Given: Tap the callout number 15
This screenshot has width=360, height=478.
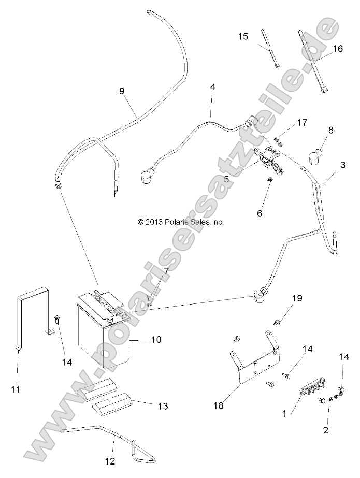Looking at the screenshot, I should tap(243, 36).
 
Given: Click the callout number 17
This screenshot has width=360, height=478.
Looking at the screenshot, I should tap(303, 123).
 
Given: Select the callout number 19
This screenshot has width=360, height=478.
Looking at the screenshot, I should tap(310, 298).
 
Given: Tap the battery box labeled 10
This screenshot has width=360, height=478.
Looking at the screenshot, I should tap(104, 331).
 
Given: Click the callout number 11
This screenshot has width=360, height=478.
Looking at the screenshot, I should tap(17, 388).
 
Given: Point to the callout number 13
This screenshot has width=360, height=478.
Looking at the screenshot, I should tap(162, 407).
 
